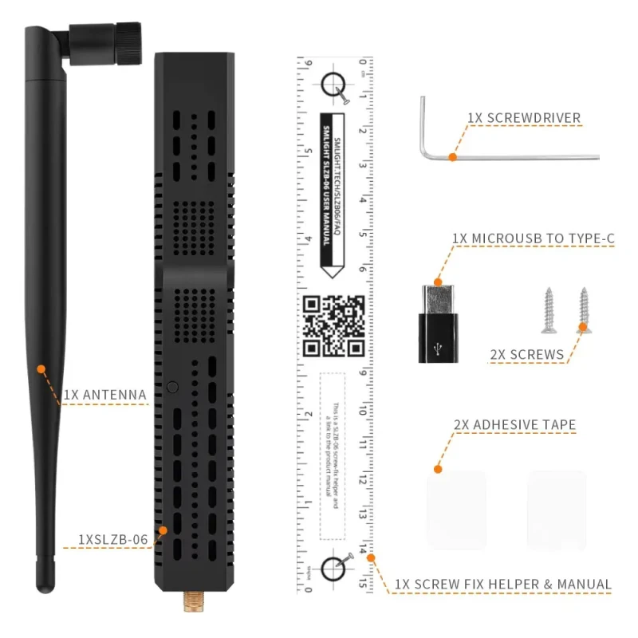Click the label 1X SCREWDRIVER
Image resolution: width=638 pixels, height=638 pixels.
pos(524,118)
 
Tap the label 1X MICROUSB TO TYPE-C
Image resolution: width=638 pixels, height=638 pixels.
pos(533,238)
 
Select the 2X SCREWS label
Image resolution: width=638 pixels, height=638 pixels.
pos(526,354)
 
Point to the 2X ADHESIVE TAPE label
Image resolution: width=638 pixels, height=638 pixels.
pos(514,425)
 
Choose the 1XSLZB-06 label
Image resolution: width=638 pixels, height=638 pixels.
pos(113,539)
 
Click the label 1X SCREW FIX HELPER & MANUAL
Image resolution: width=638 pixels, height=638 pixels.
pos(502,585)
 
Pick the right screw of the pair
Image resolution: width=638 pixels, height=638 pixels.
pos(583,309)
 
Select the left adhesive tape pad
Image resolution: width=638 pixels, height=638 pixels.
pos(456,509)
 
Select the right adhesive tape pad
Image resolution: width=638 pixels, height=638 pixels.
pos(557,509)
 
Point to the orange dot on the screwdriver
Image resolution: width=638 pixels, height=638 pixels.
pos(452,157)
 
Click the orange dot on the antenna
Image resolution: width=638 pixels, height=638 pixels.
pos(41,369)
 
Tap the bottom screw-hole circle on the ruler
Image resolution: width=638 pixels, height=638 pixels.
pos(335,569)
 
